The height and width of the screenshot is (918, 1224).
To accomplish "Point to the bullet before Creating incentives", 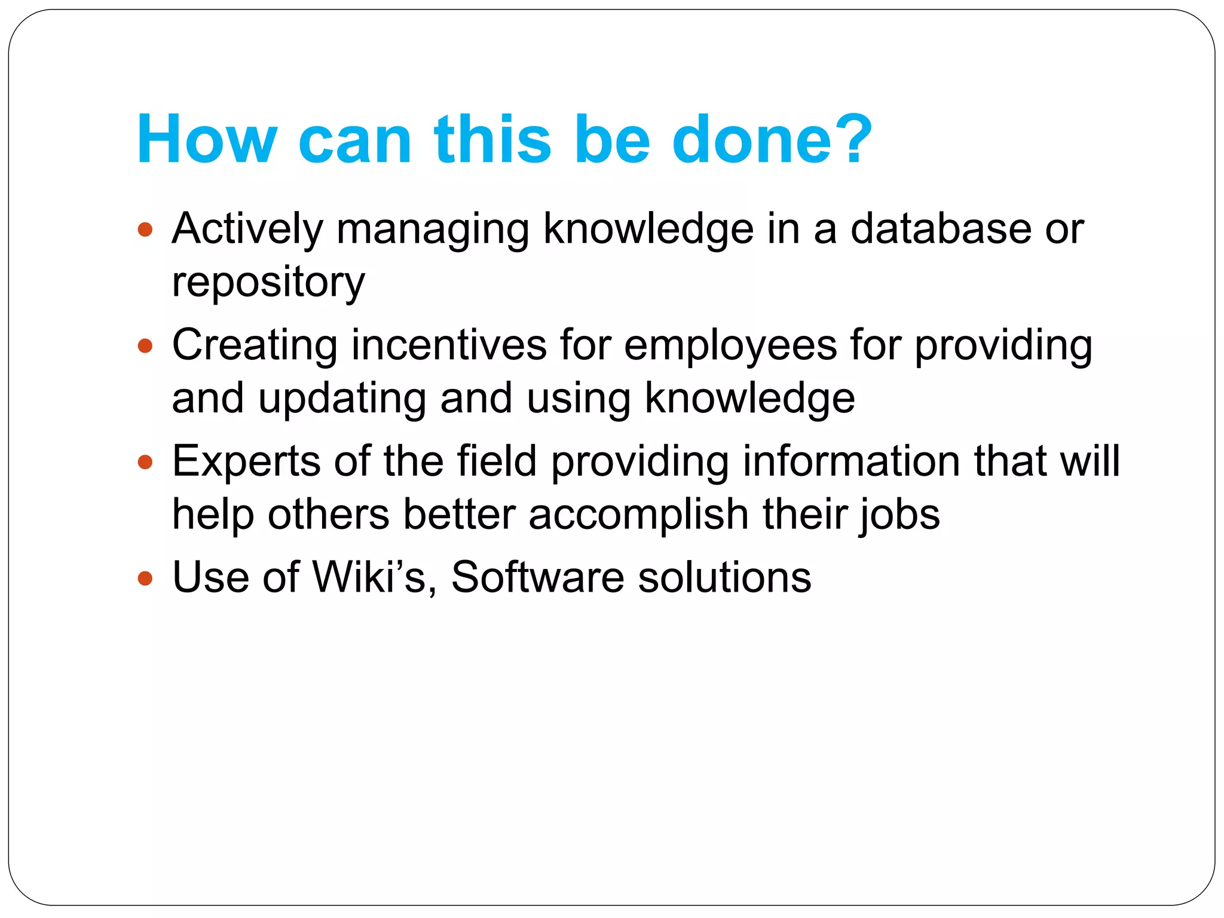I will (145, 345).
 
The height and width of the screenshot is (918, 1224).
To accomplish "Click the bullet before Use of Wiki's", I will (145, 578).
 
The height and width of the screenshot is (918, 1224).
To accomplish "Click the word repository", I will (268, 283).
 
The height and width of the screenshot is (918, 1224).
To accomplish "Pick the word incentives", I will (449, 345).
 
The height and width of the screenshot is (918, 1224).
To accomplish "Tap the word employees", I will (730, 345).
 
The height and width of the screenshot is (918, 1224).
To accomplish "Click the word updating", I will (342, 399).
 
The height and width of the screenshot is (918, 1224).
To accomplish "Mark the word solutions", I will (724, 578).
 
